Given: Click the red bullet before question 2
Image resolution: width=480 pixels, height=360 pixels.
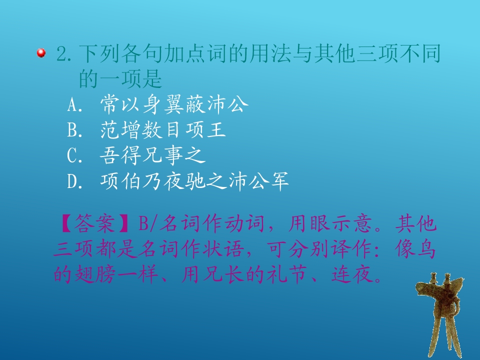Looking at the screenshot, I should (x=41, y=52).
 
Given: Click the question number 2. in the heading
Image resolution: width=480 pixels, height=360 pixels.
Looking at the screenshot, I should (x=65, y=53).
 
